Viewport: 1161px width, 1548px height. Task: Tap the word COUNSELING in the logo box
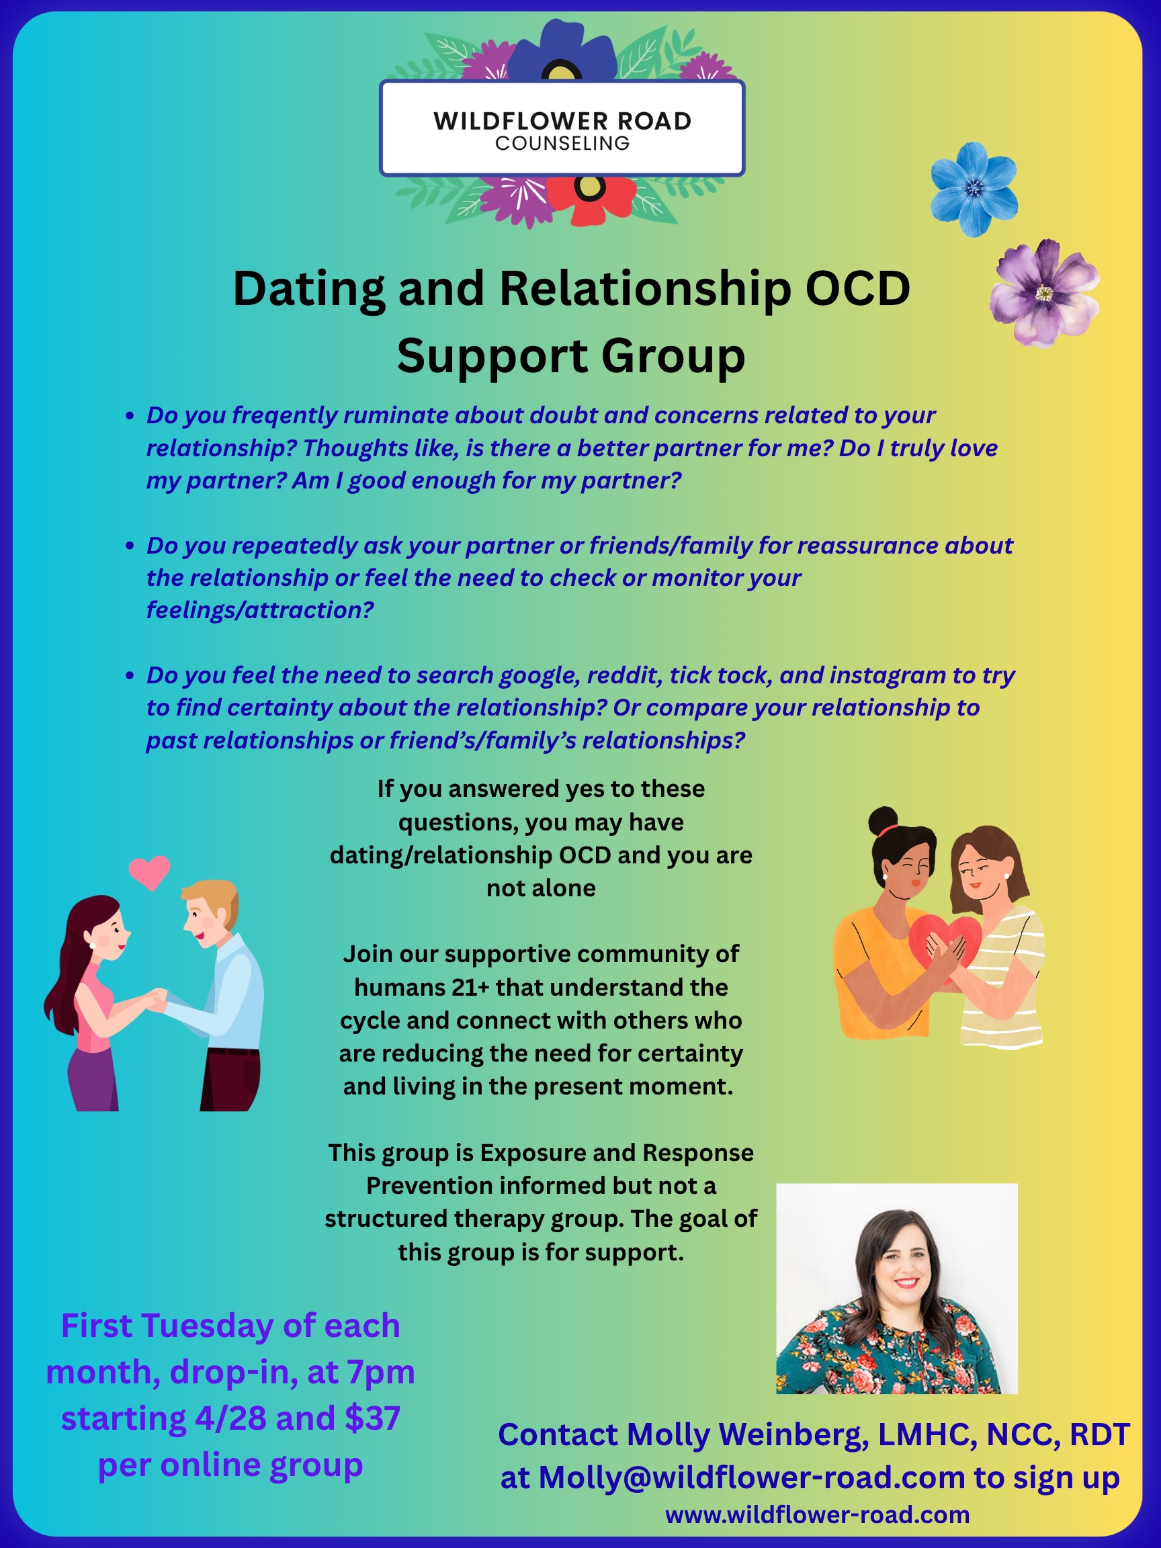pos(562,144)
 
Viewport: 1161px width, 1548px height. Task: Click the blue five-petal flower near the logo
pos(974,189)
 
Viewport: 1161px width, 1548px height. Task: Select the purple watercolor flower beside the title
pos(1044,293)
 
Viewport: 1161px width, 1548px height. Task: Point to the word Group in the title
pos(673,356)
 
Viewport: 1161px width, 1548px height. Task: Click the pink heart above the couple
pos(150,872)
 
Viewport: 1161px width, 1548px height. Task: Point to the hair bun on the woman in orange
pos(882,820)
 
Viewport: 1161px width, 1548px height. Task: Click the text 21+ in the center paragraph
pos(470,988)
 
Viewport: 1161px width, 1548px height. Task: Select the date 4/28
pos(231,1418)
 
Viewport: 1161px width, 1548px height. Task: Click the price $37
pos(372,1418)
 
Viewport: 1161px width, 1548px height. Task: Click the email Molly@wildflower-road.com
pos(752,1478)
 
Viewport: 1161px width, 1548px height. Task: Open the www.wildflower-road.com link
pos(818,1515)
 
